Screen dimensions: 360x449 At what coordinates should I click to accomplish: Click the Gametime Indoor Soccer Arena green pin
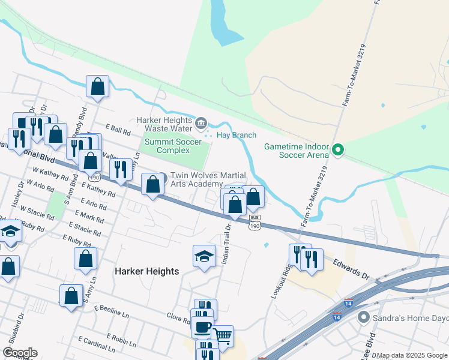point(338,149)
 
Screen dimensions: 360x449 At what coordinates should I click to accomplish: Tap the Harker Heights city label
point(146,271)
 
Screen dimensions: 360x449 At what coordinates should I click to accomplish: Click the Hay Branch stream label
point(236,135)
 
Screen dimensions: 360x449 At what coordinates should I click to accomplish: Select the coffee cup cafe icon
point(202,327)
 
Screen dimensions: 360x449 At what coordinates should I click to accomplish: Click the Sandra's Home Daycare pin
point(363,317)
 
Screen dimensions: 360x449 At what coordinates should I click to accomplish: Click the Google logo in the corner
point(20,353)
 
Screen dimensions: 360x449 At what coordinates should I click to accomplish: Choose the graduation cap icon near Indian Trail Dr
point(204,256)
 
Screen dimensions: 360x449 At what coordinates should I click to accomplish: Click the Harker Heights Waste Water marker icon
point(201,124)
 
